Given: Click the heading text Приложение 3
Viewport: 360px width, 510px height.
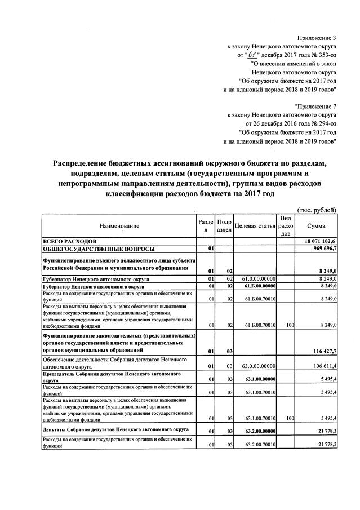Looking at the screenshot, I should [x=313, y=37].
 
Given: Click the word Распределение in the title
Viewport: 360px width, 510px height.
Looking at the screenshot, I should [x=83, y=163].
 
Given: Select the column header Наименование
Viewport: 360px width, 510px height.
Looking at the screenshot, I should [x=119, y=226].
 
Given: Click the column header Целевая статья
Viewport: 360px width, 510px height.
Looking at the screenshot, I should [x=254, y=226].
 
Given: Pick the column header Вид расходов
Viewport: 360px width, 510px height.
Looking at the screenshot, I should [x=286, y=226].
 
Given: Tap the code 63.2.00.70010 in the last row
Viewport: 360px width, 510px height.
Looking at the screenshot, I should [x=259, y=445].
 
